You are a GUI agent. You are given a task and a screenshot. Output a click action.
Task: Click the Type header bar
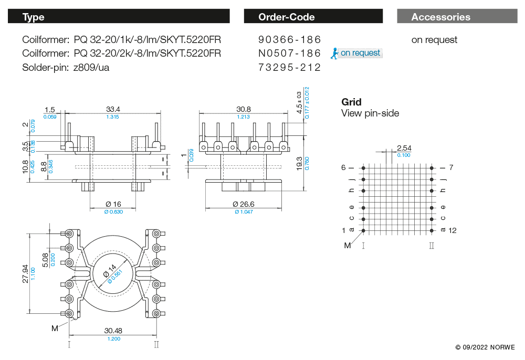pyautogui.click(x=119, y=17)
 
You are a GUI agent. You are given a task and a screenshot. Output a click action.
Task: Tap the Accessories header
pyautogui.click(x=456, y=17)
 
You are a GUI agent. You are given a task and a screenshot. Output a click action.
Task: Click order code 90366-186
pyautogui.click(x=289, y=40)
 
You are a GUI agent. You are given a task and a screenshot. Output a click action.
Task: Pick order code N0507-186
pyautogui.click(x=289, y=53)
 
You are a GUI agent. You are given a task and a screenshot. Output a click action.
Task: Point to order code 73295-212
pyautogui.click(x=289, y=67)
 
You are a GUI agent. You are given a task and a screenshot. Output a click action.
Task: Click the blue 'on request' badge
pyautogui.click(x=356, y=53)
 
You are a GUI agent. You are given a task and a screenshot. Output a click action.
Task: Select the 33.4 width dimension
pyautogui.click(x=113, y=109)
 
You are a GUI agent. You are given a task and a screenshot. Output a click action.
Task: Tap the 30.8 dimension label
pyautogui.click(x=243, y=109)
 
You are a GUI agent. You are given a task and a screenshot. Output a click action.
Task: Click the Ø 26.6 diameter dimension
pyautogui.click(x=243, y=204)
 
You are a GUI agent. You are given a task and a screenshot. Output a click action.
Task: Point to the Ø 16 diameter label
pyautogui.click(x=113, y=204)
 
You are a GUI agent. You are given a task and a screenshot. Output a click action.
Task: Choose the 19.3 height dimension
pyautogui.click(x=299, y=163)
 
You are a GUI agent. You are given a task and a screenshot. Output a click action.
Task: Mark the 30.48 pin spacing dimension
pyautogui.click(x=113, y=331)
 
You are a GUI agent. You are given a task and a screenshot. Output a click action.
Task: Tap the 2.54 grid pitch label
pyautogui.click(x=404, y=148)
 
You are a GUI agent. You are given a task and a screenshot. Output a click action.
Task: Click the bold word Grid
pyautogui.click(x=351, y=102)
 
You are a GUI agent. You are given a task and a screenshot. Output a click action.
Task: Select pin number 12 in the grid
pyautogui.click(x=453, y=230)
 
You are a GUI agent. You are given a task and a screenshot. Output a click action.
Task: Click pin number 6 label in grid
pyautogui.click(x=344, y=168)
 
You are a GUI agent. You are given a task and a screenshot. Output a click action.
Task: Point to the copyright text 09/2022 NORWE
pyautogui.click(x=485, y=347)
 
